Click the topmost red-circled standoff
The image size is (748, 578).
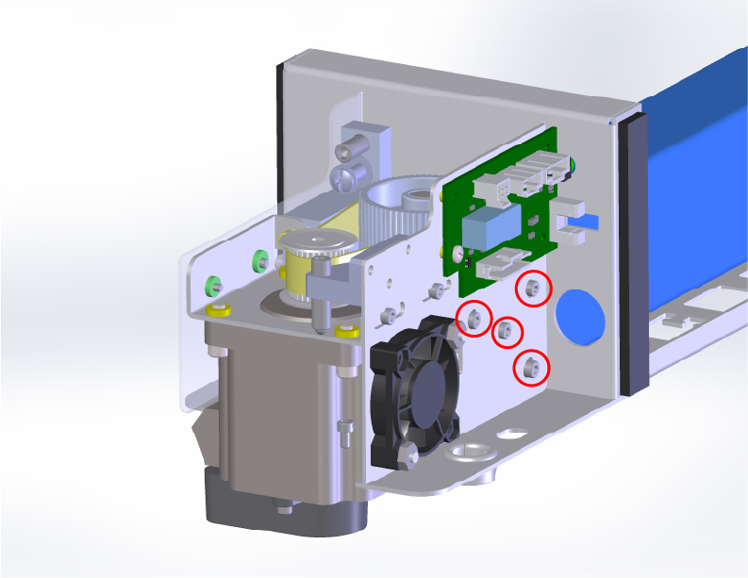[x=533, y=289]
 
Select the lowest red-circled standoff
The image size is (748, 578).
[x=530, y=368]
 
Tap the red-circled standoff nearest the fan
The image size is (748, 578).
[x=474, y=318]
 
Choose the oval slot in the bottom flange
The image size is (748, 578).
[x=509, y=436]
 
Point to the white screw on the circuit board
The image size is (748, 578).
[x=457, y=254]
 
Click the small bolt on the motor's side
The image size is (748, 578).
[x=344, y=435]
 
